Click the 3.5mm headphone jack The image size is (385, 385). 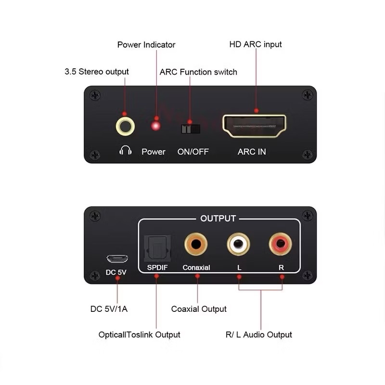click(x=125, y=127)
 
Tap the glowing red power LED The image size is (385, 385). click(x=155, y=126)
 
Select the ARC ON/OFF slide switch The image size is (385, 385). click(x=191, y=129)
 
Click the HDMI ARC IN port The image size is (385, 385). click(x=254, y=126)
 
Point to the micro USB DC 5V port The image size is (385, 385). click(x=117, y=258)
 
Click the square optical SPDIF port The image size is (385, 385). click(x=157, y=248)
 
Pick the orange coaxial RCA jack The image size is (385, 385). click(x=196, y=244)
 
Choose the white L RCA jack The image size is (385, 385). click(x=238, y=244)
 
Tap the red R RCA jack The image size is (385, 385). click(x=281, y=244)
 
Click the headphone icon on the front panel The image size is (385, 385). click(x=126, y=150)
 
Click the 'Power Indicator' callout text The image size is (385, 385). click(x=146, y=45)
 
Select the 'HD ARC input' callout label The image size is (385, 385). click(x=256, y=44)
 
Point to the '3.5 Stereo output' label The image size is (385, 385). click(x=97, y=71)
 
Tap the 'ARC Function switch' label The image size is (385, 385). click(x=198, y=72)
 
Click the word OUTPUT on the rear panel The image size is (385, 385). click(x=218, y=218)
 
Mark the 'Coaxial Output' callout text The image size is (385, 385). click(x=199, y=309)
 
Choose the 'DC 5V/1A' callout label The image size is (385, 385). click(x=109, y=309)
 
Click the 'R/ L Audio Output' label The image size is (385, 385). click(x=259, y=334)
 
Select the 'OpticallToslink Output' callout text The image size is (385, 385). click(x=139, y=334)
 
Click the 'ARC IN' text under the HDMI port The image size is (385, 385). click(x=252, y=152)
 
